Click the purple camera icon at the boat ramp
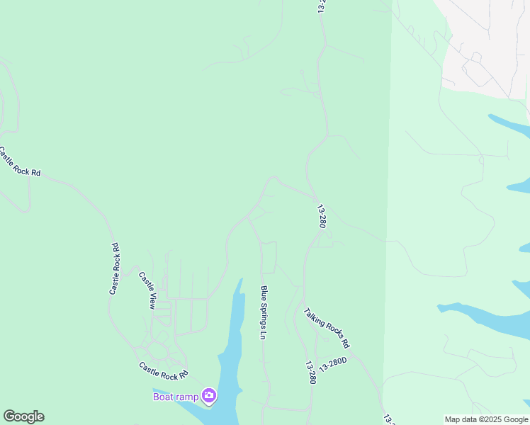[x=209, y=395]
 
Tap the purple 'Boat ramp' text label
[x=176, y=397]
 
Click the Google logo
[x=23, y=416]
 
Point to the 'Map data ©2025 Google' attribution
[x=486, y=419]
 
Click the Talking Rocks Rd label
[x=327, y=327]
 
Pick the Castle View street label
[x=147, y=290]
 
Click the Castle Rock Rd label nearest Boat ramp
[x=164, y=370]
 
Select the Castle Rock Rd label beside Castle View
[x=114, y=269]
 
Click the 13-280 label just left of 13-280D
[x=310, y=373]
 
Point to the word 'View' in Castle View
[x=150, y=300]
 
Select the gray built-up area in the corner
[x=489, y=35]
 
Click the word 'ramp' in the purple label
[x=187, y=397]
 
